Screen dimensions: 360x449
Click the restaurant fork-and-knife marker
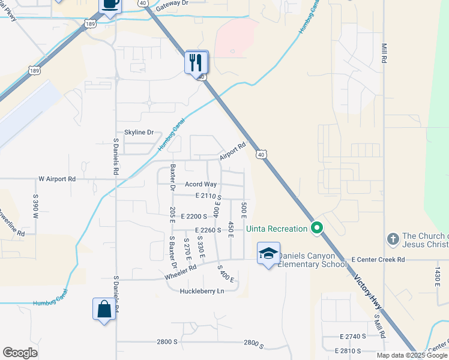coord(196,62)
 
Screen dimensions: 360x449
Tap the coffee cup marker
coord(110,5)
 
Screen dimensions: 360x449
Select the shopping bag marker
coord(104,310)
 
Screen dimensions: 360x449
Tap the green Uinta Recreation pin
coord(316,228)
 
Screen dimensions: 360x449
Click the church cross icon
coord(393,239)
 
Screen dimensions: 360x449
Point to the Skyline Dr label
coord(139,132)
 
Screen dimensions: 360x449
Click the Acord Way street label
coord(200,184)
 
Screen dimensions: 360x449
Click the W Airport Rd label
coord(57,179)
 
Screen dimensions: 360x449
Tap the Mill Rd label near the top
coord(383,54)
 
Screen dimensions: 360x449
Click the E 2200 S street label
coord(193,216)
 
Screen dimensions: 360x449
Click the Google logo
coord(20,353)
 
